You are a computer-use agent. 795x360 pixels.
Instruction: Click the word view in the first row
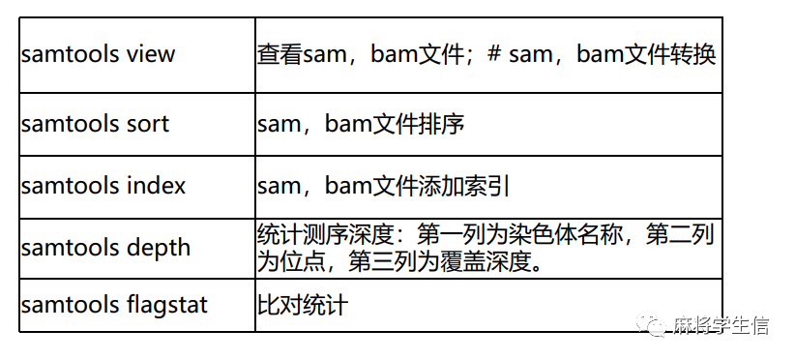point(150,53)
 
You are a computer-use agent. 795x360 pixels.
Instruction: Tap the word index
point(156,185)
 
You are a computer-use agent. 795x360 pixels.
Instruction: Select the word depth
point(161,247)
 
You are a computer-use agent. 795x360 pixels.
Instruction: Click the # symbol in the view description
point(493,53)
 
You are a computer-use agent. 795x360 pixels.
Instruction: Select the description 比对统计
point(302,305)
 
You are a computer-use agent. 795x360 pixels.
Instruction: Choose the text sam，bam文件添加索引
point(384,185)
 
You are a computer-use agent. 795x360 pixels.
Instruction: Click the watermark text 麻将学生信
point(721,325)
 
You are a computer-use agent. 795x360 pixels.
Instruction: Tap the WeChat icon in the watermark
point(658,324)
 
